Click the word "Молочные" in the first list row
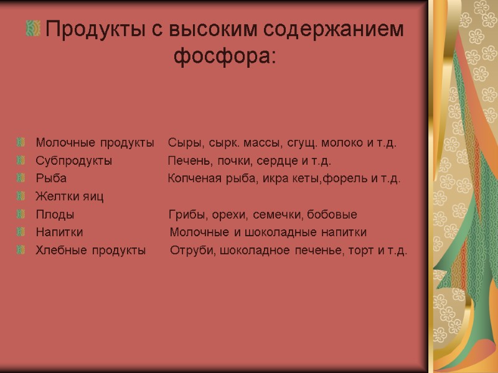point(60,143)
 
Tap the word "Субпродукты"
point(73,161)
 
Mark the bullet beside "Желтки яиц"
point(22,196)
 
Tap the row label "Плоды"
point(55,214)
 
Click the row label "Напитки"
point(59,233)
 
